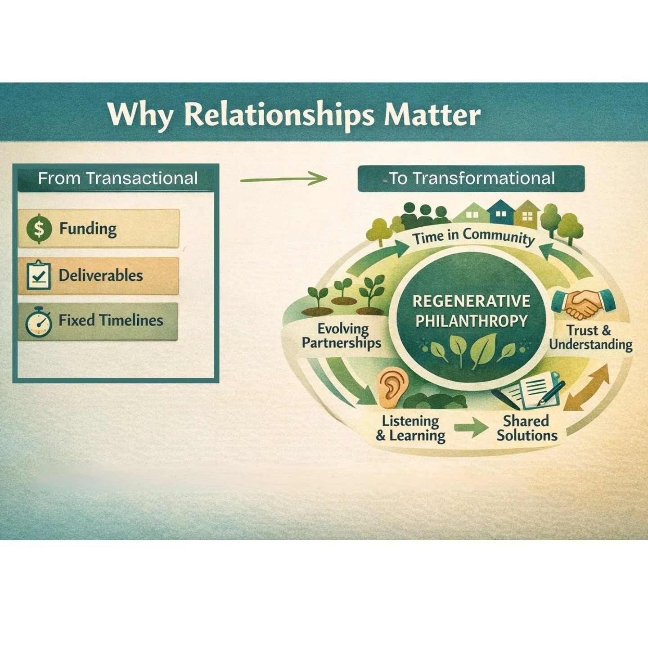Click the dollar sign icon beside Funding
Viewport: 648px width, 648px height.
pyautogui.click(x=39, y=229)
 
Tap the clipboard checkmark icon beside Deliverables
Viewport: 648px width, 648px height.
pyautogui.click(x=39, y=275)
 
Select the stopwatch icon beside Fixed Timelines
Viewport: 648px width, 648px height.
pyautogui.click(x=39, y=322)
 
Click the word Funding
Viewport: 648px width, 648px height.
pyautogui.click(x=88, y=229)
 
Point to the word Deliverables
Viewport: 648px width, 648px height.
pyautogui.click(x=101, y=275)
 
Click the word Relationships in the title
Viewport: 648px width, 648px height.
pyautogui.click(x=279, y=115)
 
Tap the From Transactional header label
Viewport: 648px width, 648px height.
pyautogui.click(x=117, y=178)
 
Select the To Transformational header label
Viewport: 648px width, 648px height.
pyautogui.click(x=471, y=179)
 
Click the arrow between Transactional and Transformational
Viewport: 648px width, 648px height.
pyautogui.click(x=284, y=179)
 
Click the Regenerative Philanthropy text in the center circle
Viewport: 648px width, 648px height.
pyautogui.click(x=471, y=311)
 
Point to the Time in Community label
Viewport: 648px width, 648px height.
pyautogui.click(x=473, y=236)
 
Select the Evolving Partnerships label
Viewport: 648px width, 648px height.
pyautogui.click(x=342, y=336)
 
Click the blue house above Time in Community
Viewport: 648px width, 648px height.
pyautogui.click(x=500, y=211)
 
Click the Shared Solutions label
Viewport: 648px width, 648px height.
pyautogui.click(x=527, y=428)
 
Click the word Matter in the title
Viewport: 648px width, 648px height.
pyautogui.click(x=432, y=115)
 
